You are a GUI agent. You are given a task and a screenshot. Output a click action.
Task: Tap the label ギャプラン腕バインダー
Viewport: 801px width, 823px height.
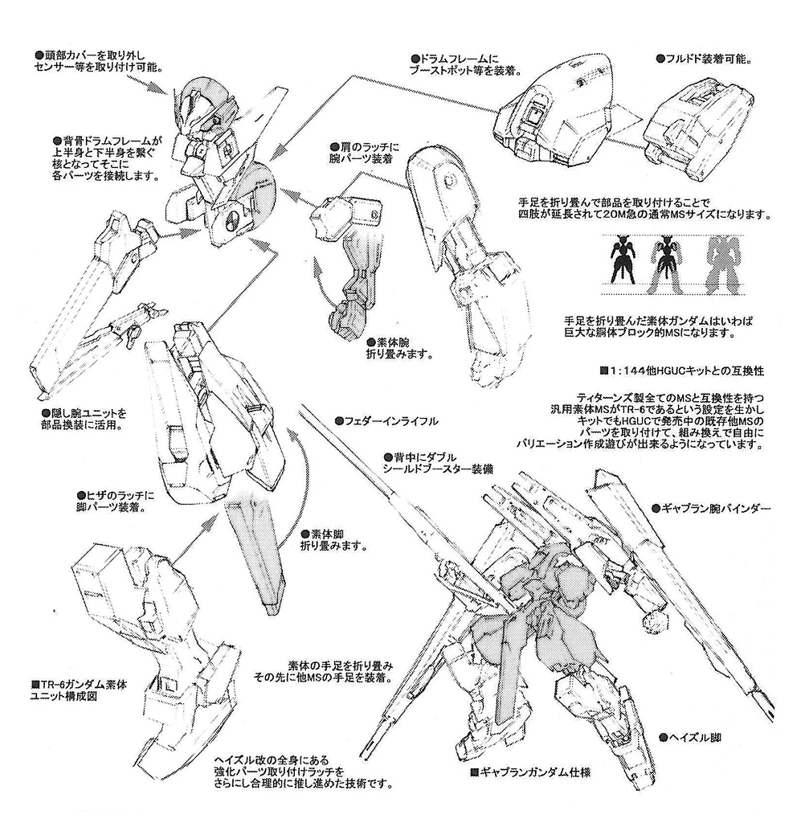[x=711, y=509]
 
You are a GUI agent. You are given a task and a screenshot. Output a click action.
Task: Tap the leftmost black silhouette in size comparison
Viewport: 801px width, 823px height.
[x=623, y=261]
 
